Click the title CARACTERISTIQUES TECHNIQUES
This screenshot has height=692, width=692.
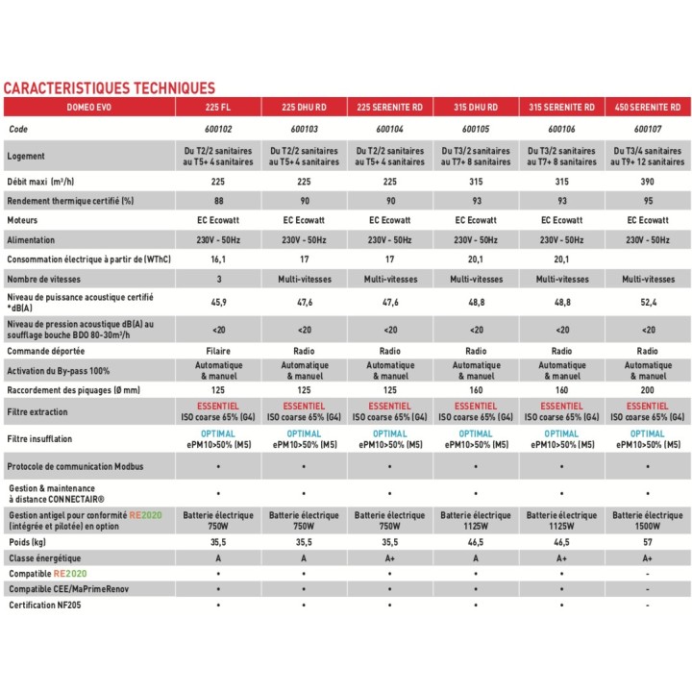(x=109, y=88)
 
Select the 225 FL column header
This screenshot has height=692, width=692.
(x=217, y=107)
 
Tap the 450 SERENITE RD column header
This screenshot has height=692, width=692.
(x=647, y=107)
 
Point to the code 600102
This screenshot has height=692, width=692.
(x=217, y=128)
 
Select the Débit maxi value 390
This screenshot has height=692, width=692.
(x=647, y=181)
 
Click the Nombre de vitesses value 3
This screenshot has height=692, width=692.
(x=217, y=279)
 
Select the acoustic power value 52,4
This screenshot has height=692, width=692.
(x=647, y=302)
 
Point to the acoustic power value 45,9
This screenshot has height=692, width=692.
(x=217, y=302)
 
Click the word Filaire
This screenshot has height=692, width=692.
(x=217, y=351)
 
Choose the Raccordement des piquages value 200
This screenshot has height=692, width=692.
(x=647, y=391)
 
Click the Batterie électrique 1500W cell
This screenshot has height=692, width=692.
(x=647, y=520)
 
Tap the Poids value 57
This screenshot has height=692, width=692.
(x=647, y=542)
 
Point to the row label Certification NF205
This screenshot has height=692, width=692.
(x=49, y=605)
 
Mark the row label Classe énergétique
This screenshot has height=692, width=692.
(x=45, y=557)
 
